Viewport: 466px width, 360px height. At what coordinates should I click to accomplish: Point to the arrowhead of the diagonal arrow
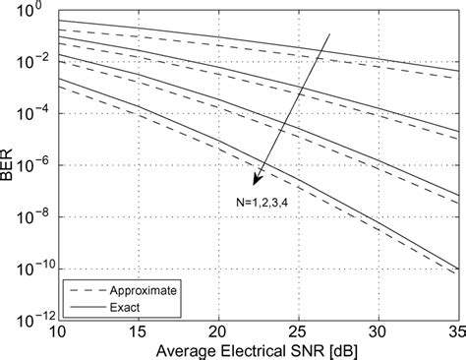pyautogui.click(x=255, y=182)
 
